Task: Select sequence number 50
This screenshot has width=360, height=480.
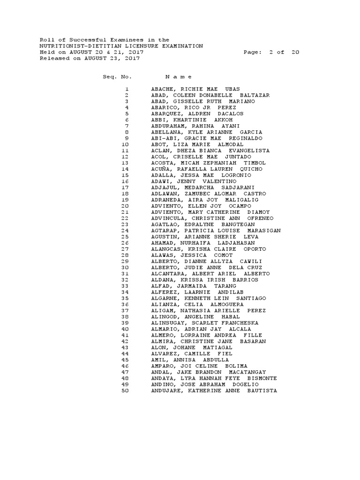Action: pos(125,390)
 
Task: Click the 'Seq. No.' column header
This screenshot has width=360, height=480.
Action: pos(118,76)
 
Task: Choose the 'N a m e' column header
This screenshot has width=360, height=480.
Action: pos(179,76)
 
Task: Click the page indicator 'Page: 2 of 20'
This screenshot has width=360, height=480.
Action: pos(271,52)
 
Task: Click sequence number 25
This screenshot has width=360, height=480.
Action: pos(125,237)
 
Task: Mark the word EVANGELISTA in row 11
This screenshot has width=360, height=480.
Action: pos(249,150)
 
